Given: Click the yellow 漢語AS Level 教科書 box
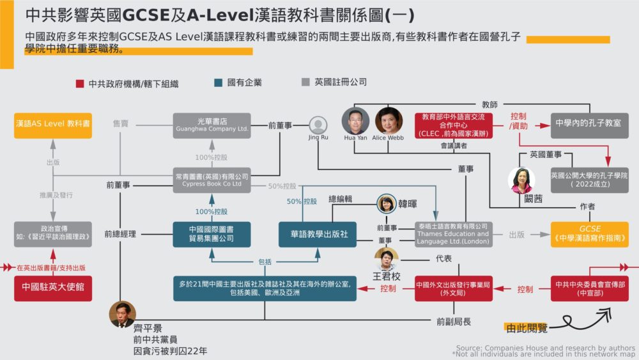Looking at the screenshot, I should coord(52,125).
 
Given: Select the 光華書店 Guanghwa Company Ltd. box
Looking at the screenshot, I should coord(211,125).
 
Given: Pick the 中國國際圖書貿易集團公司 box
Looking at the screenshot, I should coord(211,234).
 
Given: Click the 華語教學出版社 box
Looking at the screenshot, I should coord(317,234).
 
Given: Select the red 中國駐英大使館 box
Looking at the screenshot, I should coord(52,288).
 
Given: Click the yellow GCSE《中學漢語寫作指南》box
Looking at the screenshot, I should coord(589,234).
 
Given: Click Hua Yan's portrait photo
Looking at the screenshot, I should coord(355,120).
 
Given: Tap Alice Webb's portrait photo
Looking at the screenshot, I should coord(389,120).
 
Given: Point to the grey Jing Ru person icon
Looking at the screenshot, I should coord(318,125).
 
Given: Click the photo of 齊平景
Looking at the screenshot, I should coord(121,313).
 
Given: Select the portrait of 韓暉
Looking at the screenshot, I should coord(387,204).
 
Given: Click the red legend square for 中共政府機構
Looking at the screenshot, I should coord(80,83).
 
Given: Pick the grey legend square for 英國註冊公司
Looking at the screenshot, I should coord(305,82).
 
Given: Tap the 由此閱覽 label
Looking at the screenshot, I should coord(526,328).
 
